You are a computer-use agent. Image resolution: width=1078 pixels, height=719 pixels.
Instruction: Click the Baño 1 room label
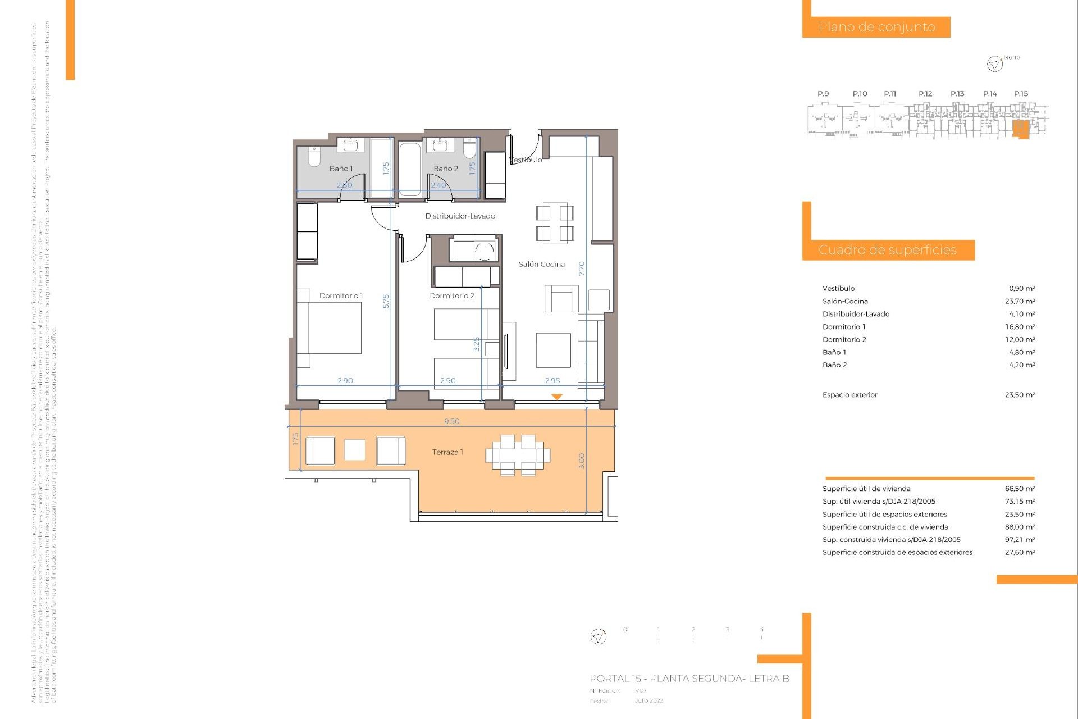coord(341,169)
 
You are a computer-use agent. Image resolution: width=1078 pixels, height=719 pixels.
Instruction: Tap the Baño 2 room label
coord(446,169)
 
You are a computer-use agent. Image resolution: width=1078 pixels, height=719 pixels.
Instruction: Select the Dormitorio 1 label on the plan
coord(341,296)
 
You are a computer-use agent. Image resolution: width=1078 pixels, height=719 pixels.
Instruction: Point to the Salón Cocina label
coord(541,264)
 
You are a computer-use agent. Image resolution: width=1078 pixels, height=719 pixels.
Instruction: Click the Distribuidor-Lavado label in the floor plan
coord(460,216)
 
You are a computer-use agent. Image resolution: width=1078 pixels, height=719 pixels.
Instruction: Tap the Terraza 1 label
coord(447,452)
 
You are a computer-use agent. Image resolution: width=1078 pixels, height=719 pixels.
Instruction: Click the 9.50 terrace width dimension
coord(451,421)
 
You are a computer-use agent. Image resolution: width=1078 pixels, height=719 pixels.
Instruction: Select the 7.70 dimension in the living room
coord(582,269)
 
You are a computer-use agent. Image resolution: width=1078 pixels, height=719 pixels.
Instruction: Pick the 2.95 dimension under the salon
coord(552,381)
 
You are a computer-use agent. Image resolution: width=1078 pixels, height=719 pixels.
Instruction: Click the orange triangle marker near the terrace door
coord(556,397)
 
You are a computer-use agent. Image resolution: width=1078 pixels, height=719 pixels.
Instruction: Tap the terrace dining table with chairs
coord(518,455)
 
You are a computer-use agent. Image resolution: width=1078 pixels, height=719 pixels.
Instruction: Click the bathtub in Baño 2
coord(410,169)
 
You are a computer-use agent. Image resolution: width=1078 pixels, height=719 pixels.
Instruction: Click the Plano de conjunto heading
coord(876,27)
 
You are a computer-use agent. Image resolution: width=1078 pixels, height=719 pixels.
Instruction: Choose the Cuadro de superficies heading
coord(887,250)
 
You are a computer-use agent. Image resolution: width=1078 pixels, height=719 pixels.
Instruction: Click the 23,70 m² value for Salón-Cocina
coord(1020,302)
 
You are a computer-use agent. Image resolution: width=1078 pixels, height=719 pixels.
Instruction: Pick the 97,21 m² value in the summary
coord(1020,540)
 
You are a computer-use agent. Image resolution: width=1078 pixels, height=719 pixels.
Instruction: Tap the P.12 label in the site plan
coord(925,94)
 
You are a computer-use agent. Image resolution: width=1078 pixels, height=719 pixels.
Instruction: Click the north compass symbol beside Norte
coord(994,64)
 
